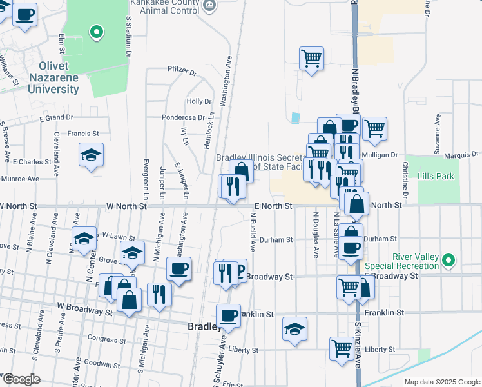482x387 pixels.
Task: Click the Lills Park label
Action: [436, 176]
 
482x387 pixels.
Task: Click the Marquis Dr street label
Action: [461, 155]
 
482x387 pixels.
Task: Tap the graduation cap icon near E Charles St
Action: [92, 155]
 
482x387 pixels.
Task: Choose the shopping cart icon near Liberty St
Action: [342, 348]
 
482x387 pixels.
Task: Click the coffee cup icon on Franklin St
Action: [228, 315]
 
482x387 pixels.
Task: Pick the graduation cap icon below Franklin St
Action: [294, 328]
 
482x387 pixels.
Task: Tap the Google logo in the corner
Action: [21, 379]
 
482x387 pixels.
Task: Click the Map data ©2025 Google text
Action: [441, 382]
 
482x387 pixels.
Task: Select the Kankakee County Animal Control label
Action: [164, 6]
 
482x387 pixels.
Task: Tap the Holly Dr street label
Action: [198, 101]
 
